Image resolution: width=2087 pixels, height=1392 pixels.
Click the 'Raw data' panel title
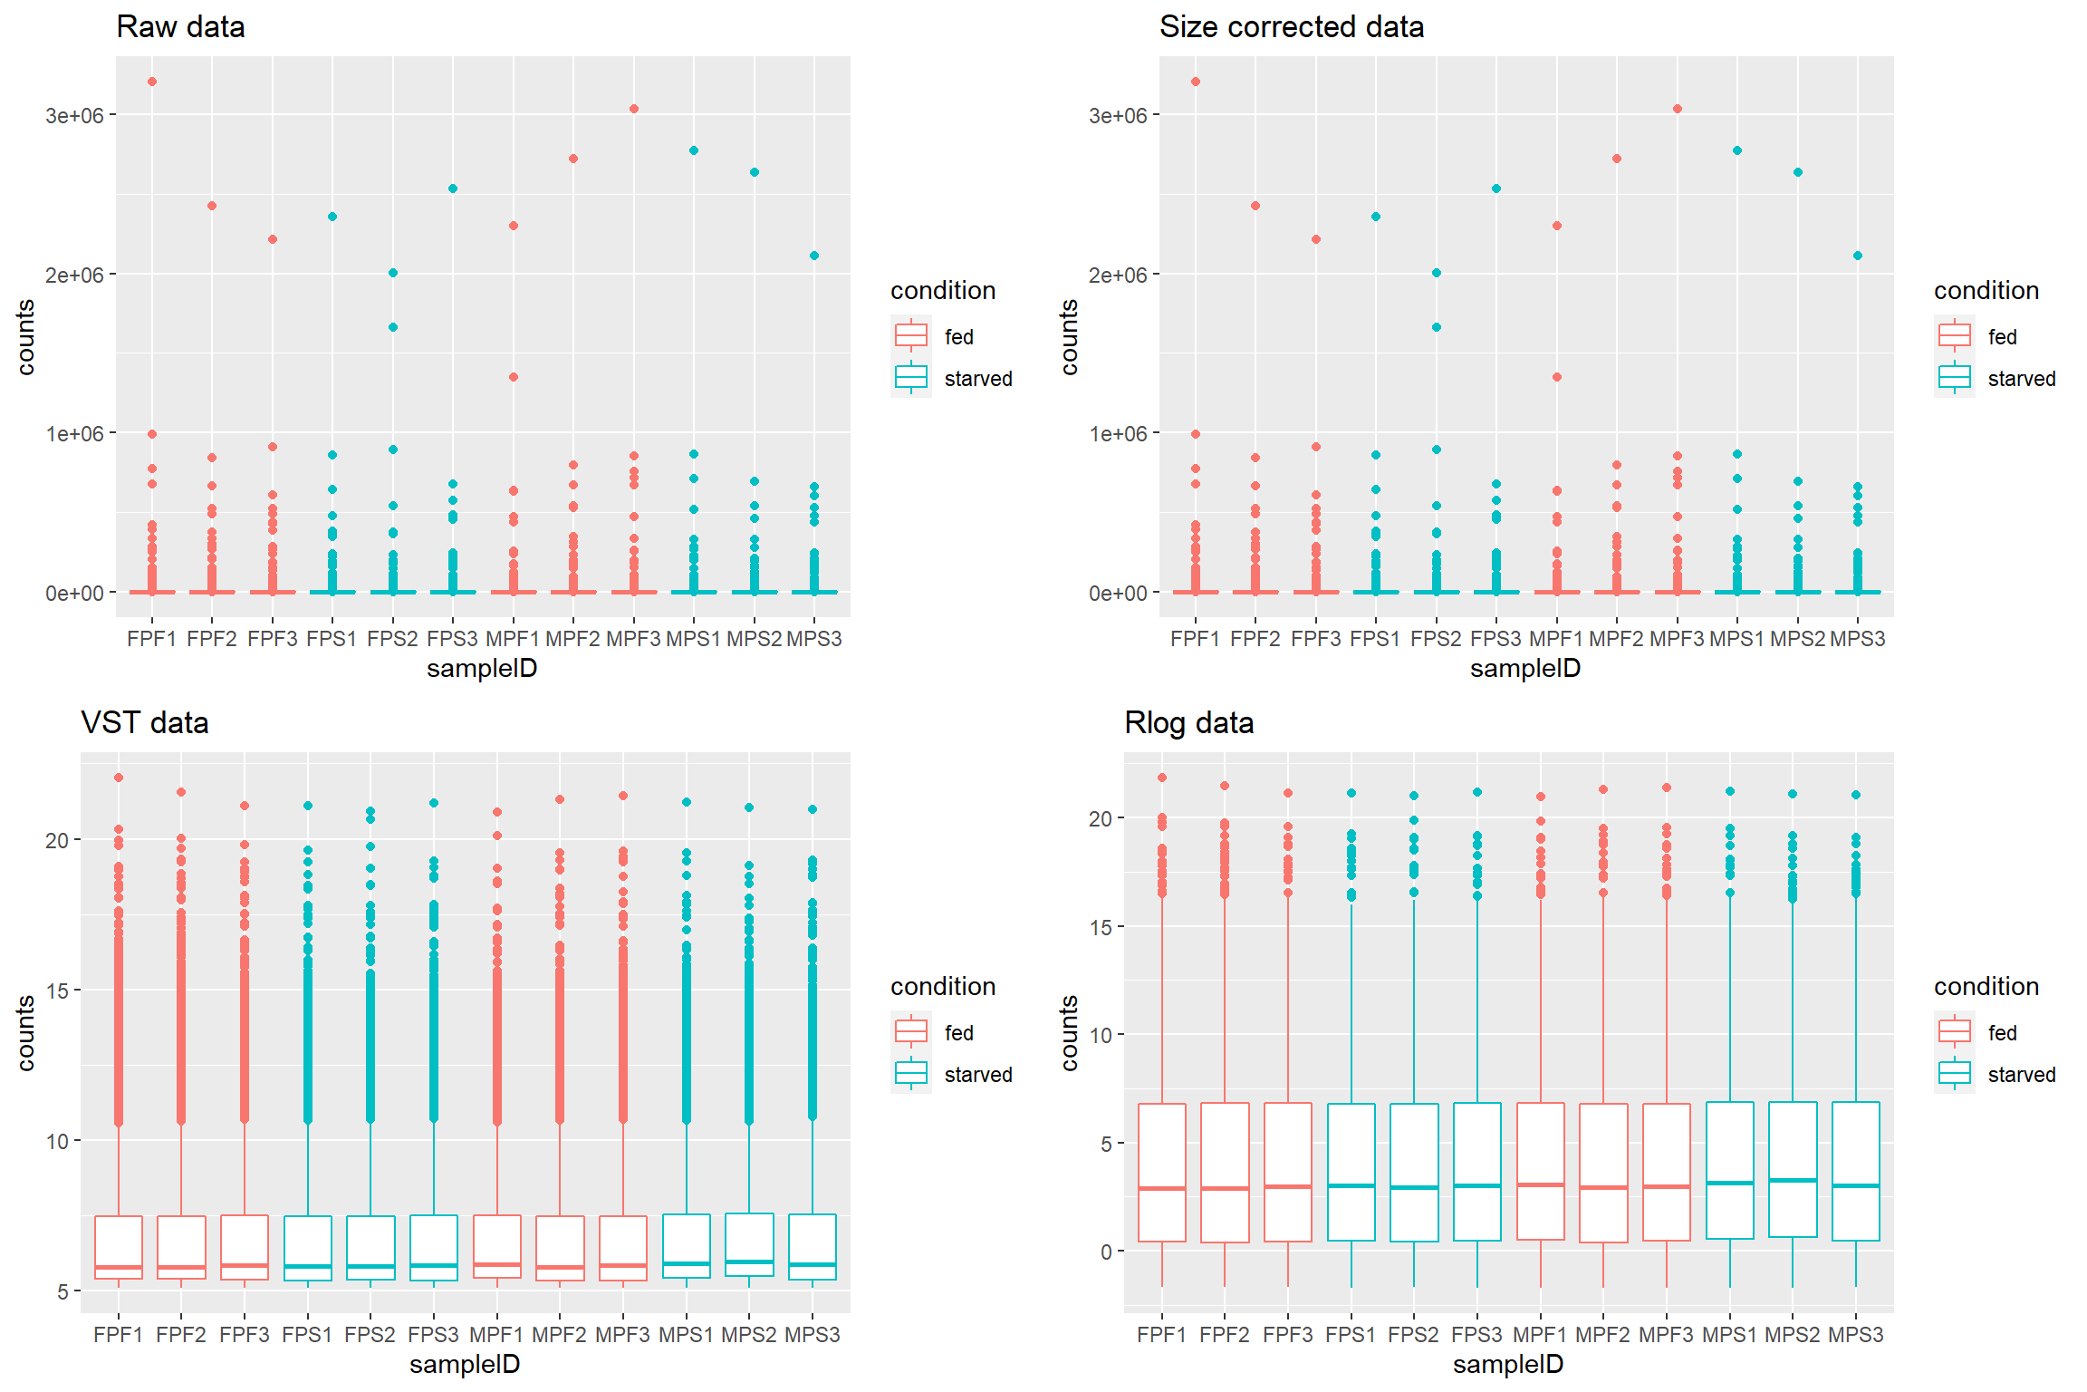180,27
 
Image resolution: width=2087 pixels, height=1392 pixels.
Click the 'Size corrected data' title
1291,27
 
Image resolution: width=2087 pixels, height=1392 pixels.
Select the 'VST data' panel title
145,723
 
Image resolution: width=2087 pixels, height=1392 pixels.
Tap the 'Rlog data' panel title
1188,723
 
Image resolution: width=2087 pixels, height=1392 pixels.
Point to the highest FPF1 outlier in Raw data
152,82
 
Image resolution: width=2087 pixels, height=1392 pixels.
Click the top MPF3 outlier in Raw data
634,109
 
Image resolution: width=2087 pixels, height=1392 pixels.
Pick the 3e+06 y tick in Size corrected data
1118,115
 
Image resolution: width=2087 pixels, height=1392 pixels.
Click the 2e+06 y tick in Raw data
74,275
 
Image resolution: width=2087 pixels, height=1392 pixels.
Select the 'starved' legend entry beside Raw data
977,379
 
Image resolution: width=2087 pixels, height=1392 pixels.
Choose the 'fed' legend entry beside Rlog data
2002,1033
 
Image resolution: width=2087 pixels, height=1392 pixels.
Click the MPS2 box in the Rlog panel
1793,1169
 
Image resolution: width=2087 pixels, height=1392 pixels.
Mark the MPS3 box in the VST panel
813,1247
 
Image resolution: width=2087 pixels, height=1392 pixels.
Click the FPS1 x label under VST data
307,1335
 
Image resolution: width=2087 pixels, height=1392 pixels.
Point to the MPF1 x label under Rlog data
1540,1335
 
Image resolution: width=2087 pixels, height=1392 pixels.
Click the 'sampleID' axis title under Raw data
482,669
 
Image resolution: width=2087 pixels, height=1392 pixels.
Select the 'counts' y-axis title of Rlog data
1070,1033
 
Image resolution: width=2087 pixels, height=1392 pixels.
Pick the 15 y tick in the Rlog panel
1101,927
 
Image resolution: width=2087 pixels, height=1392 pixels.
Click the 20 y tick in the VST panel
57,840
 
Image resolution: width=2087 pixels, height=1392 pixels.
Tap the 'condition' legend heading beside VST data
943,986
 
